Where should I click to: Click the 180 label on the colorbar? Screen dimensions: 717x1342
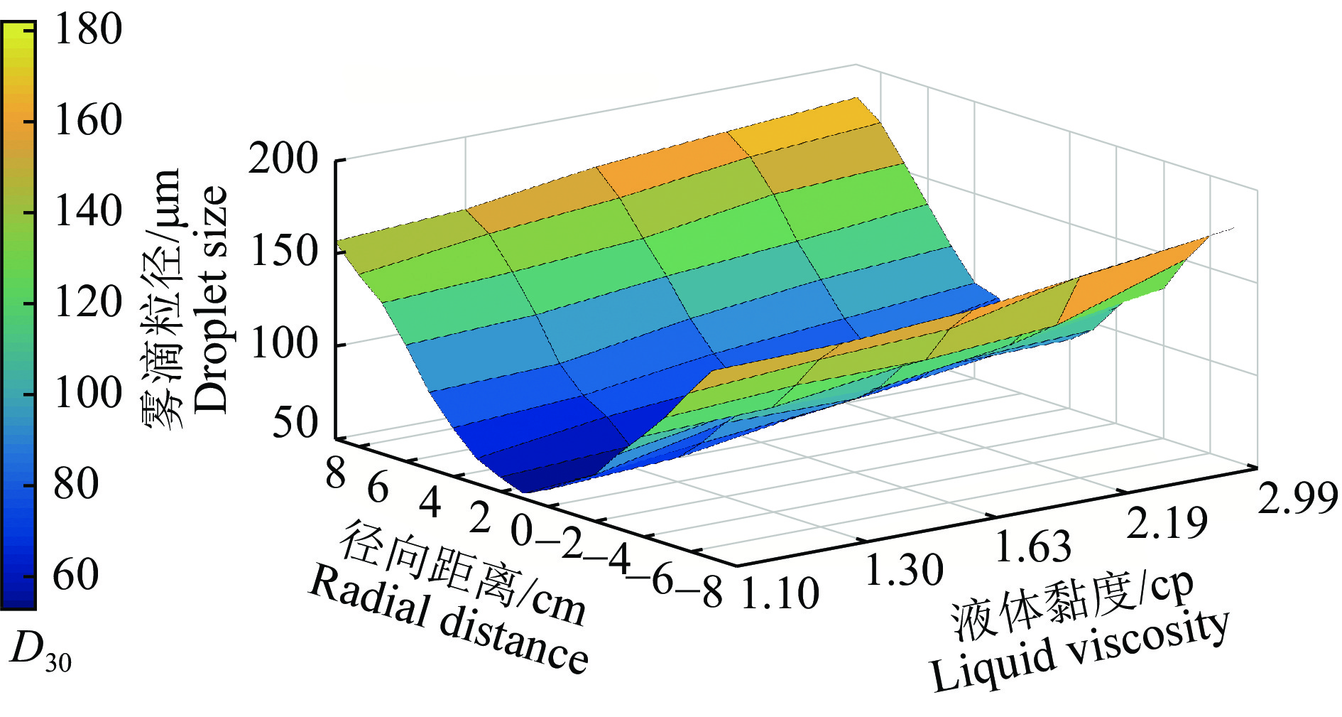(88, 30)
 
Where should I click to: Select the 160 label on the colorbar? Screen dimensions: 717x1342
(88, 120)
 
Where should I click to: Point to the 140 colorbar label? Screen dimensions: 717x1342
(88, 211)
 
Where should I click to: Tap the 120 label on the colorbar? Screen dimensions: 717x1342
(88, 302)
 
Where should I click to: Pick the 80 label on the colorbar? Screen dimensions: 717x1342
(77, 484)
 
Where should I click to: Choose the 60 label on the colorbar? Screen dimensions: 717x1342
(77, 575)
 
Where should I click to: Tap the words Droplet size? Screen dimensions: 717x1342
(211, 298)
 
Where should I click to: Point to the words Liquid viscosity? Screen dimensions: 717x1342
(1079, 651)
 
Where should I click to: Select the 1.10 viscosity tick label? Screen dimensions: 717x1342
(780, 593)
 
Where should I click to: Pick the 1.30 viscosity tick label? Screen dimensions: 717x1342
(904, 569)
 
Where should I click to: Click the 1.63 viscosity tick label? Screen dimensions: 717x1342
(1032, 546)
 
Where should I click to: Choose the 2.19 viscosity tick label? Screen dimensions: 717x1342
(1167, 524)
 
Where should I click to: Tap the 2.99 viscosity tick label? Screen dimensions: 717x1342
(1297, 497)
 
